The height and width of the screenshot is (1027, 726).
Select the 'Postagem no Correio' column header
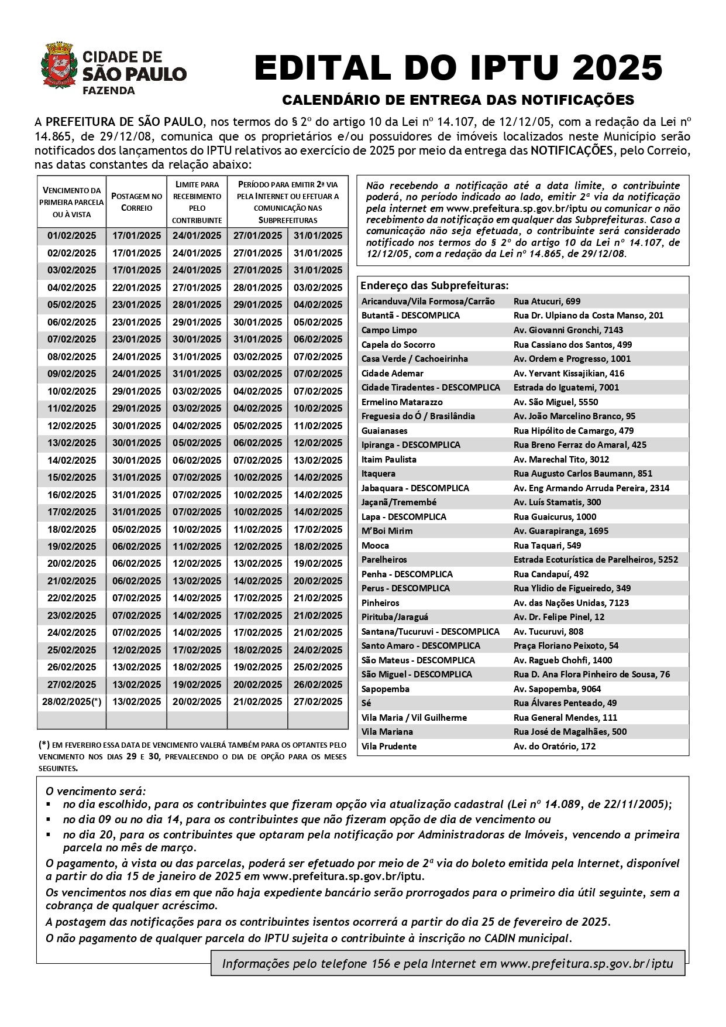[137, 202]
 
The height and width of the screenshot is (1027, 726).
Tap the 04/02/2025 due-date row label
[71, 287]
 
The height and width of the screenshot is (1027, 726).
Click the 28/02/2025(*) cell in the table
[71, 701]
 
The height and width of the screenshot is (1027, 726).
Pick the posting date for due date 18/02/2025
[137, 529]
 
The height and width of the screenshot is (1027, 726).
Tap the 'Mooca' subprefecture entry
[375, 545]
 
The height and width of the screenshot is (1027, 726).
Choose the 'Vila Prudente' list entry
[389, 746]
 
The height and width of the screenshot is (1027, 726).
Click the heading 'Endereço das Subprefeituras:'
[434, 286]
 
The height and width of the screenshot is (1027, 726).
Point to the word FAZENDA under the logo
[109, 91]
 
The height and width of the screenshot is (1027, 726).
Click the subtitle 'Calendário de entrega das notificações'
[458, 100]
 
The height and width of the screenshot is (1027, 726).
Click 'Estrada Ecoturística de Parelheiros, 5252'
[596, 559]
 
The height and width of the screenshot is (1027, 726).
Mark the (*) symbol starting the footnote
[44, 745]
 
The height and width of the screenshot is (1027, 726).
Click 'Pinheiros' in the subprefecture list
[380, 602]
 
